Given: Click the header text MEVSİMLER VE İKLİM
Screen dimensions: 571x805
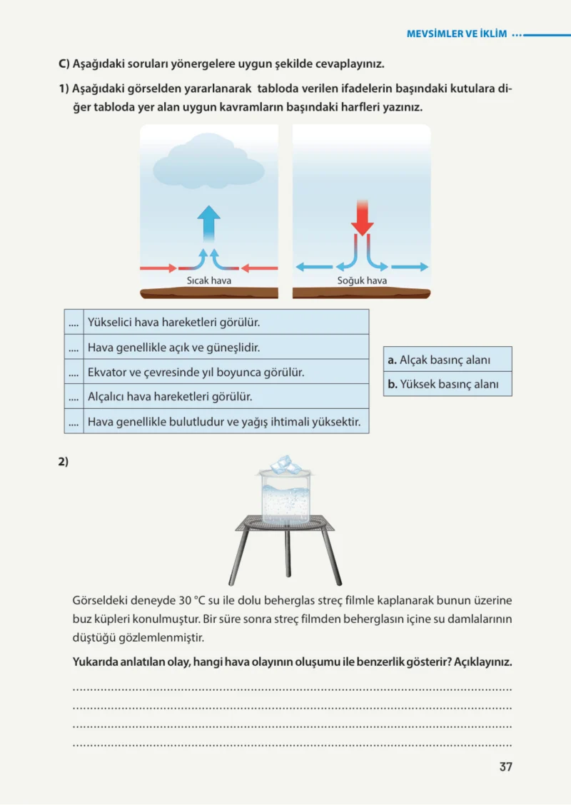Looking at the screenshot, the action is point(457,34).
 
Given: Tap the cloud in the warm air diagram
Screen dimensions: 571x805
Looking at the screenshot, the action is point(209,160).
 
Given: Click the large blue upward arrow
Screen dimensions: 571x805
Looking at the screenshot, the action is point(208,224).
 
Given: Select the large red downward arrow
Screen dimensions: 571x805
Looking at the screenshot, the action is point(363,218).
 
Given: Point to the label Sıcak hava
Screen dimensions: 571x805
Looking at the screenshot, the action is point(208,280).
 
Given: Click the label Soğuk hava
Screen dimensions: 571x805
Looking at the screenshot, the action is point(362,280).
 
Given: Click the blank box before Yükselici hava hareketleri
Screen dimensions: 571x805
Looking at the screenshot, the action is point(74,322).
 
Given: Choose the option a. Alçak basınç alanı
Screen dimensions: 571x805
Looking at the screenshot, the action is point(448,360).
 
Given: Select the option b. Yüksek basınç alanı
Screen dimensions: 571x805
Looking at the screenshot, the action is point(448,384).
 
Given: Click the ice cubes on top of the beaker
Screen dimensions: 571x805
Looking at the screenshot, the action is point(286,464).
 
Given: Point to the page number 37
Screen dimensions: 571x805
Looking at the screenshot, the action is point(506,766).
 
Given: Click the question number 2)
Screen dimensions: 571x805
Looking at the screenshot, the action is point(63,462).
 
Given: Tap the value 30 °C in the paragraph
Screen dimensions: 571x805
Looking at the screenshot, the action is point(192,600).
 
